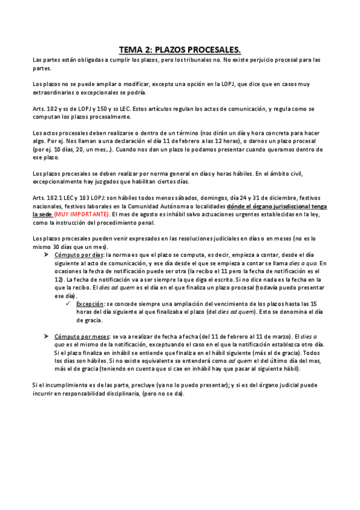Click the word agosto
161,214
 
